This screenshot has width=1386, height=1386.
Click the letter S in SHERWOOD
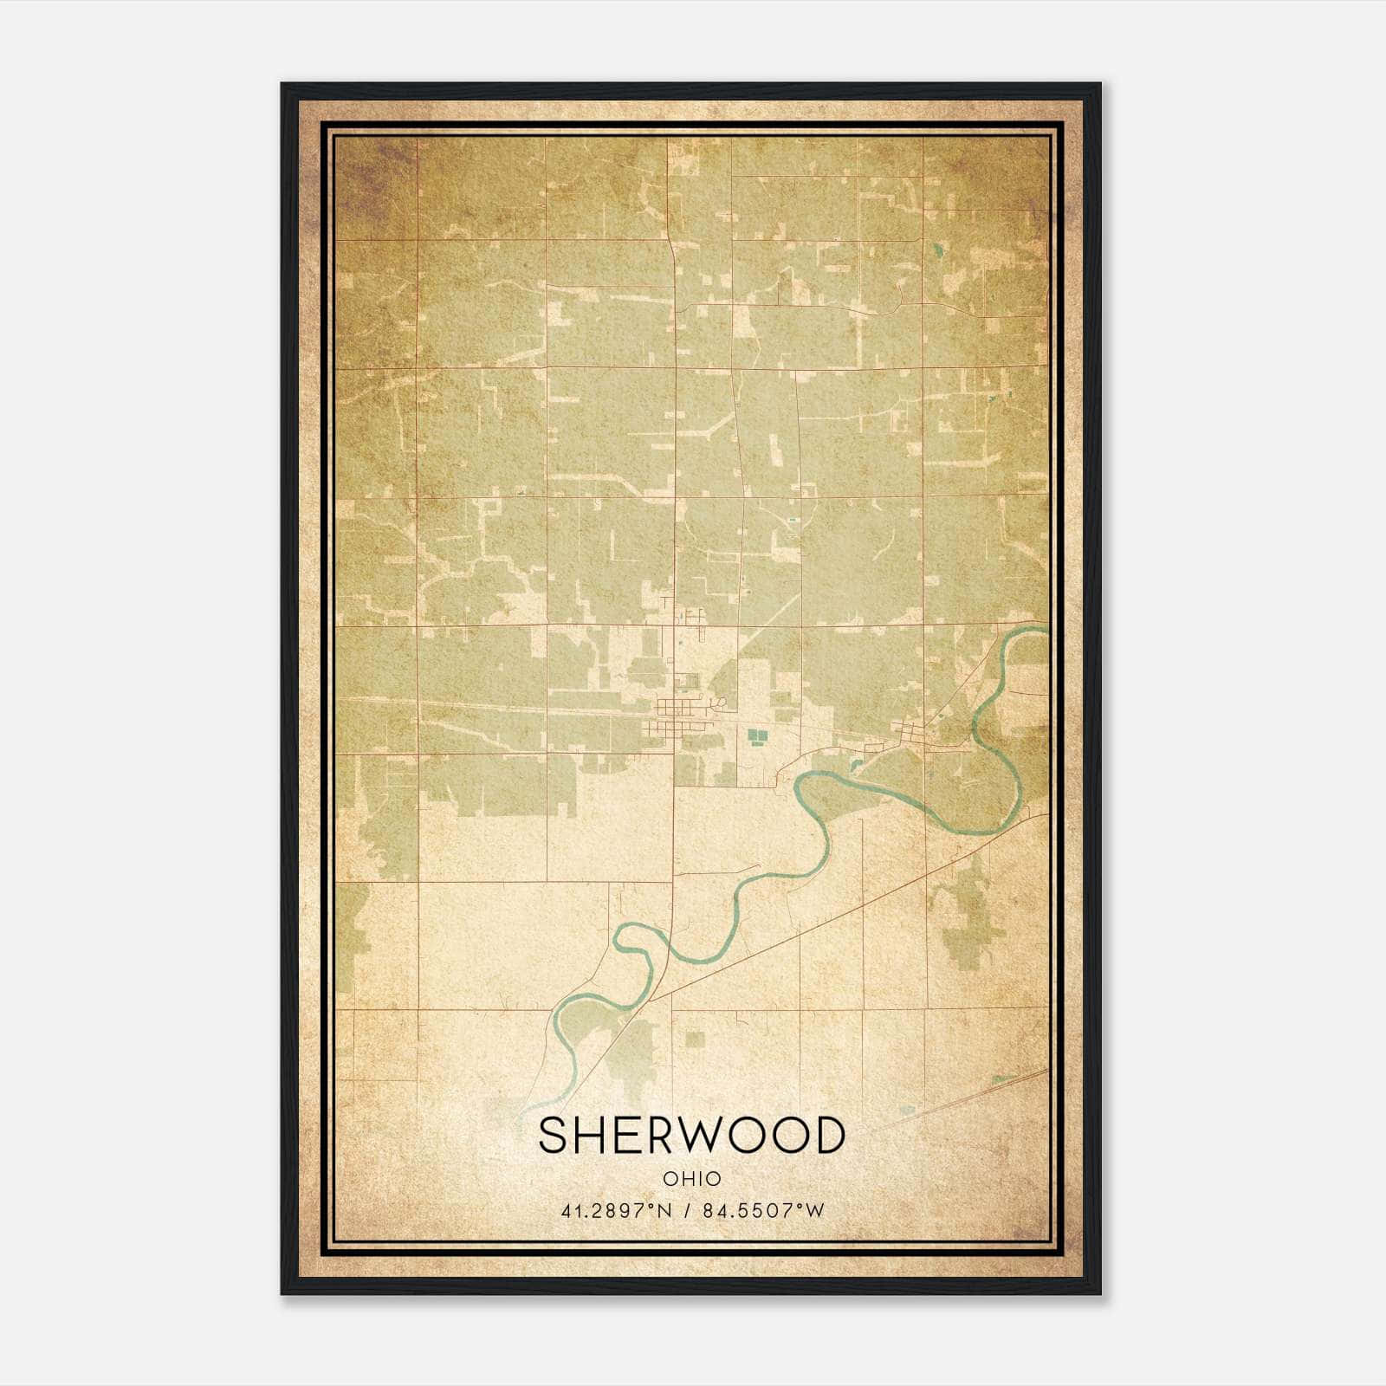pos(555,1136)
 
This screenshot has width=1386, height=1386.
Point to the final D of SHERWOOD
pos(827,1136)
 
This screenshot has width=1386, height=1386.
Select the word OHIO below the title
pos(691,1179)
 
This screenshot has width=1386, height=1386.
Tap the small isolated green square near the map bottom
pos(694,1038)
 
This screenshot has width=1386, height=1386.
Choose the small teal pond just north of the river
pos(855,765)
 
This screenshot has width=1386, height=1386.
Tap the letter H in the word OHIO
pos(685,1179)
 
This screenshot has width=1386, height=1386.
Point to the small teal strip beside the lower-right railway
pos(1002,1078)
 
